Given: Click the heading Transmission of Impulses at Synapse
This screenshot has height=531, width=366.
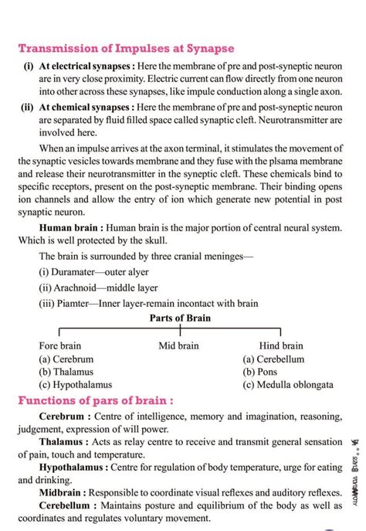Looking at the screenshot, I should click(126, 49).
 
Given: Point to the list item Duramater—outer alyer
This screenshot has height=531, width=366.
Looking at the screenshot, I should click(93, 271).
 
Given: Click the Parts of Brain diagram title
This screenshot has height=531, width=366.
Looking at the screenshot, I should click(179, 318).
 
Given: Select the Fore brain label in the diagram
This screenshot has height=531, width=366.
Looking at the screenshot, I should click(59, 345).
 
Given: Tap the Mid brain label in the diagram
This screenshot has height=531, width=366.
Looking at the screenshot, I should click(178, 345).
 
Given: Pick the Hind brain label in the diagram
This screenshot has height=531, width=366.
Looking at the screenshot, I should click(281, 345).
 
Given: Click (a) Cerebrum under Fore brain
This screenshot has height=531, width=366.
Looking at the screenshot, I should click(66, 359).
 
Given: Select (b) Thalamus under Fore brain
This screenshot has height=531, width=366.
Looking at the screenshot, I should click(67, 372).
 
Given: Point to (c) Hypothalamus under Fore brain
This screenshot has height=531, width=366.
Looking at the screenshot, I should click(75, 384).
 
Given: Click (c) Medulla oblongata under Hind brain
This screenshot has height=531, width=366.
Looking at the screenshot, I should click(287, 384).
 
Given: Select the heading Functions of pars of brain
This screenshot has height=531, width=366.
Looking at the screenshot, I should click(95, 401).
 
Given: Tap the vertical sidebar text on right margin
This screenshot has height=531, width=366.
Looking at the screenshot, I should click(354, 473).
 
